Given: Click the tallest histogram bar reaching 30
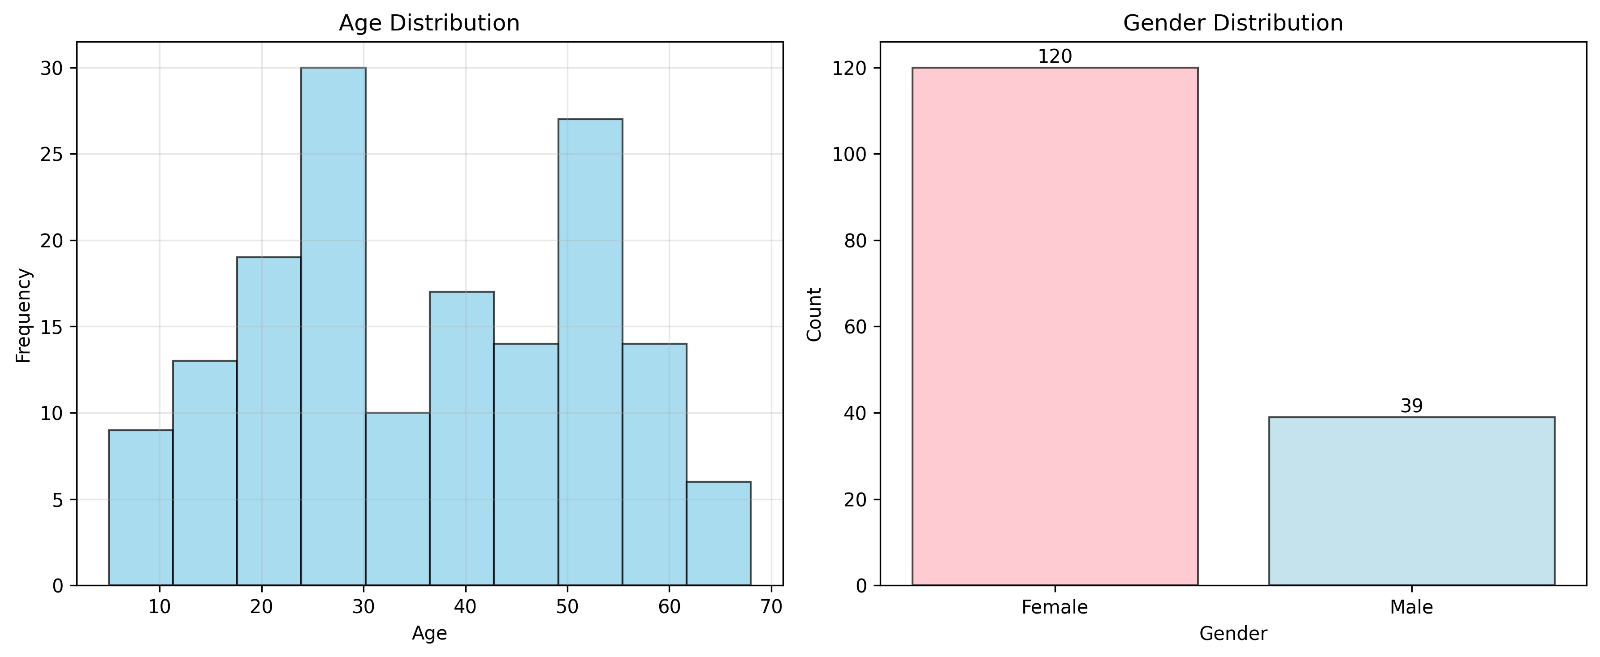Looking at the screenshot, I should (x=333, y=326).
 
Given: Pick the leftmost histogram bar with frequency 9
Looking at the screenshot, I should (x=140, y=507).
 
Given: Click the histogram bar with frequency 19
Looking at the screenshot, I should (x=269, y=421).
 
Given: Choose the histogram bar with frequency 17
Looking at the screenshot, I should (x=462, y=438).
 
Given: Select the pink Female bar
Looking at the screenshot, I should (x=1055, y=326).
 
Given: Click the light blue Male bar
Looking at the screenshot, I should (x=1411, y=501).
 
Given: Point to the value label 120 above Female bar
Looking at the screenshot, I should (x=1055, y=56).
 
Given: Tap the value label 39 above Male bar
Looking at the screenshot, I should (x=1411, y=406).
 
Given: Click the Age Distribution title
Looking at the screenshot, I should (x=428, y=23).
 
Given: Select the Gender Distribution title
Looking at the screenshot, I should (x=1233, y=23).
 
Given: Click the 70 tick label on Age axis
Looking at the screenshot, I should (x=771, y=607).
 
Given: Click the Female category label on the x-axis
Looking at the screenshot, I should (x=1055, y=607).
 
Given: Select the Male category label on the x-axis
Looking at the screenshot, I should (x=1411, y=607).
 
